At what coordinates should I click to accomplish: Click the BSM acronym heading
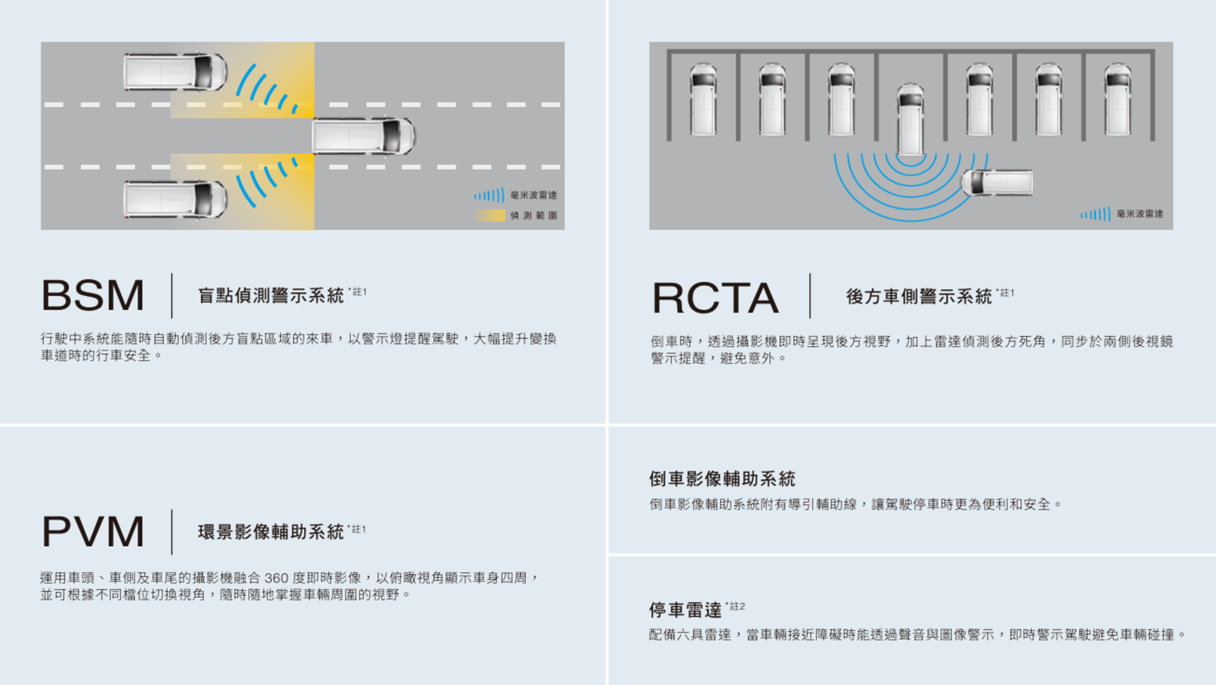(x=93, y=295)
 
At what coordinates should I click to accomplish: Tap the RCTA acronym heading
(x=715, y=298)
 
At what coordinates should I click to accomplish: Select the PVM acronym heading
(x=93, y=532)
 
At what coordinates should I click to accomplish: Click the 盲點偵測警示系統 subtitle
(x=270, y=295)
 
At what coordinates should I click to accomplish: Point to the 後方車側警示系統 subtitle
(x=918, y=297)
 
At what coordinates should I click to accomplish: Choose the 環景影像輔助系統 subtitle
(x=270, y=532)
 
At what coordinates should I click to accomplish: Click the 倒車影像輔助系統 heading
(x=722, y=479)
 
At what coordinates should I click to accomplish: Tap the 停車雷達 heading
(x=685, y=610)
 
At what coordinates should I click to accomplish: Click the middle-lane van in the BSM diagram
(x=364, y=136)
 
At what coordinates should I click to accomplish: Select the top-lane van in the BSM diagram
(x=175, y=72)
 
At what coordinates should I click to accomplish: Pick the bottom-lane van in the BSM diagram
(x=175, y=199)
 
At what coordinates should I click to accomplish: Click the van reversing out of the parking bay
(x=910, y=119)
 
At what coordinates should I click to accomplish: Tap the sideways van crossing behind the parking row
(x=997, y=182)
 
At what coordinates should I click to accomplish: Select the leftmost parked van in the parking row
(x=703, y=99)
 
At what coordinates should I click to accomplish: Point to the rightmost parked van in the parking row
(x=1117, y=99)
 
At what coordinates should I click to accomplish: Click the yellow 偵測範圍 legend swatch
(x=490, y=215)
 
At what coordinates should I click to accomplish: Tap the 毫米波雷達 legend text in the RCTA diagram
(x=1139, y=214)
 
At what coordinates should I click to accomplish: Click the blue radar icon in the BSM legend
(x=489, y=195)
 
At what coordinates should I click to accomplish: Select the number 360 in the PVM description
(x=276, y=578)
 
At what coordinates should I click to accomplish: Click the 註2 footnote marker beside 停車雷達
(x=737, y=606)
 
